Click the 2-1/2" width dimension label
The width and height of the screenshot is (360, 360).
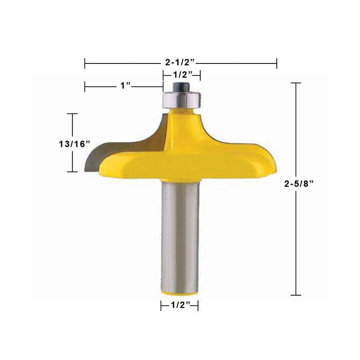(180, 62)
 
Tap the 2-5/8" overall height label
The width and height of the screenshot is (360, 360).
(299, 184)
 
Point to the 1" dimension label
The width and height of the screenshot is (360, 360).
(126, 86)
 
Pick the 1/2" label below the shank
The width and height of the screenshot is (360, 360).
(181, 305)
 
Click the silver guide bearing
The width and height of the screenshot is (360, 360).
(182, 100)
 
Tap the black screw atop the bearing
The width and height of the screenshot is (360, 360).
(181, 87)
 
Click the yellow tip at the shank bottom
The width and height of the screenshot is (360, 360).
(179, 293)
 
